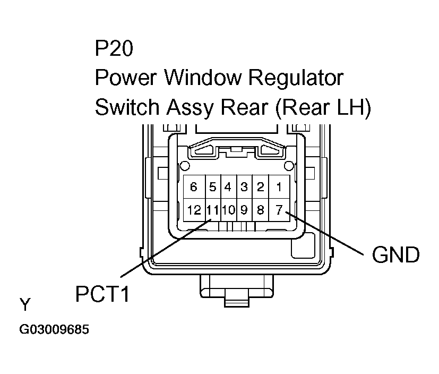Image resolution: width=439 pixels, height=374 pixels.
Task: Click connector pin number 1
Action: pyautogui.click(x=278, y=187)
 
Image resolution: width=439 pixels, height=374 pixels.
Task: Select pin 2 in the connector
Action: pyautogui.click(x=260, y=187)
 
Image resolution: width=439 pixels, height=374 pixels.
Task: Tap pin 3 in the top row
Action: pyautogui.click(x=244, y=187)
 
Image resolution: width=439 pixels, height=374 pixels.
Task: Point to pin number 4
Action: pyautogui.click(x=228, y=187)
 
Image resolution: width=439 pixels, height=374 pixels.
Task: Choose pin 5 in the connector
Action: pyautogui.click(x=212, y=187)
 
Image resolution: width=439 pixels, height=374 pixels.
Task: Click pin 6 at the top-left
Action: pyautogui.click(x=194, y=187)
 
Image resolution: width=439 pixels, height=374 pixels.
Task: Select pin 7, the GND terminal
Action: pyautogui.click(x=278, y=210)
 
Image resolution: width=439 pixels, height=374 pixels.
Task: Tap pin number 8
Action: pyautogui.click(x=260, y=210)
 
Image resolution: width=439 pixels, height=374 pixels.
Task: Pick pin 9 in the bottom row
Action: pyautogui.click(x=244, y=210)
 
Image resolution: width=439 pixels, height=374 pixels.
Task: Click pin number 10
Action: pyautogui.click(x=228, y=210)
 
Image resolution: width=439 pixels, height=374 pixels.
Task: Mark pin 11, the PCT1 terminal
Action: pyautogui.click(x=212, y=210)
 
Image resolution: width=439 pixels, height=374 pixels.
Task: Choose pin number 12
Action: pyautogui.click(x=194, y=210)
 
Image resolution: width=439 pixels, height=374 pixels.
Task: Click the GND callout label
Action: pyautogui.click(x=395, y=255)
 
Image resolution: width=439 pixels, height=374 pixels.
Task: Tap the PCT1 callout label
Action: pyautogui.click(x=102, y=294)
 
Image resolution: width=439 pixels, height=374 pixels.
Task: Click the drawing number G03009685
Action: pyautogui.click(x=54, y=330)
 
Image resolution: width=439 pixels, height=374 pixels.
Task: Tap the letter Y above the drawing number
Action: pyautogui.click(x=25, y=304)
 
